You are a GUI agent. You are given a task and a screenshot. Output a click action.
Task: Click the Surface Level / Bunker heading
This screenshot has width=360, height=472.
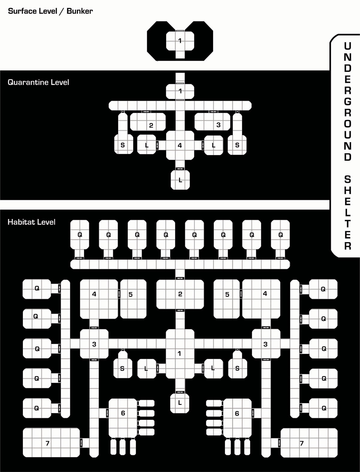pos(50,11)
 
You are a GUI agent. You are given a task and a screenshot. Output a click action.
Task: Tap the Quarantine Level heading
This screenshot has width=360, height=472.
pos(38,82)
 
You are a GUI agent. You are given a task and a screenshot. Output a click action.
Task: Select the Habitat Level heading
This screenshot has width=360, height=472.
pos(31,222)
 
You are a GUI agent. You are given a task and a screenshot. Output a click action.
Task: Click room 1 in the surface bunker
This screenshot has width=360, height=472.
pos(180,41)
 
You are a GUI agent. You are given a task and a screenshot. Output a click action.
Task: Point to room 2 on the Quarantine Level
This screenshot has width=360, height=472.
pos(148,122)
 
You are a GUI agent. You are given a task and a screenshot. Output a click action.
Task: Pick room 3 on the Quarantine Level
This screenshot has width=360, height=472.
pos(212,122)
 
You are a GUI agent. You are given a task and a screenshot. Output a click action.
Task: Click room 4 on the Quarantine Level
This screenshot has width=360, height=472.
pos(180,145)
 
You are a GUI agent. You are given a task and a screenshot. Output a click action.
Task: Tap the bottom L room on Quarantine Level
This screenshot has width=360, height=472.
pos(180,180)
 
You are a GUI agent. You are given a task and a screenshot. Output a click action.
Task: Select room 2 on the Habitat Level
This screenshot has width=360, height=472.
pos(180,294)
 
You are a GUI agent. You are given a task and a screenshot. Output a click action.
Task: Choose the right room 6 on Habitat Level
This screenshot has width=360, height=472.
pos(237,418)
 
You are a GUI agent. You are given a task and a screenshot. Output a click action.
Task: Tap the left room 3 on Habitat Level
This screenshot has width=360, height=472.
pos(94,344)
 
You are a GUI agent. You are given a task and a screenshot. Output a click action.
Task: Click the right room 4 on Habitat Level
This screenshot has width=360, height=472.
pos(261,299)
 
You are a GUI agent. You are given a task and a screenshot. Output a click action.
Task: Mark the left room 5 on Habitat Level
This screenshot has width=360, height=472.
pos(133,299)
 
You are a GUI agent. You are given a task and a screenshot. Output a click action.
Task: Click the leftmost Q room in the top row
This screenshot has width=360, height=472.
pos(80,235)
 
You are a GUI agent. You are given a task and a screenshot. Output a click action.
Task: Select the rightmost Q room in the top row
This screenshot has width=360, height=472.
pos(280,235)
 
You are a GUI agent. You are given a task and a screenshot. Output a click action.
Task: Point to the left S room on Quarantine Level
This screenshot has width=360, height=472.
pos(123,144)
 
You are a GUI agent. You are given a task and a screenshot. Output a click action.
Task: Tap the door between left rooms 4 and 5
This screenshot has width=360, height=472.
pos(119,294)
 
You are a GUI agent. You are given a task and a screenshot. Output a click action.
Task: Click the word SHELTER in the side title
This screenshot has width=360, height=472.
pos(347,212)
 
